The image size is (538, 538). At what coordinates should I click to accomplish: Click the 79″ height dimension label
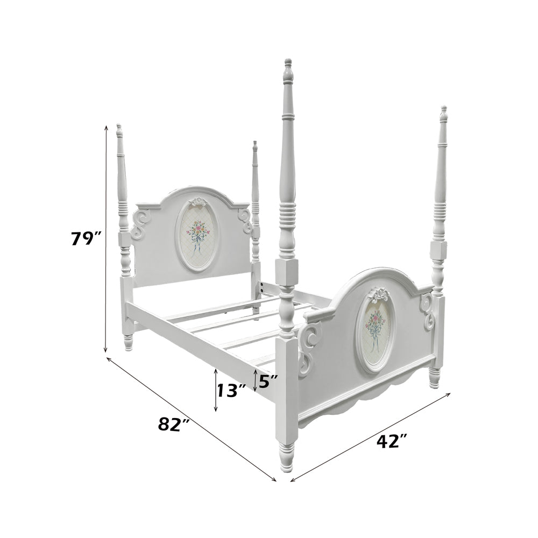tap(87, 238)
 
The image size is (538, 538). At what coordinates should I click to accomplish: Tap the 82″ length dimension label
tap(174, 424)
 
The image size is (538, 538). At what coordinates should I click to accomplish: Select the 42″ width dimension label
tap(392, 441)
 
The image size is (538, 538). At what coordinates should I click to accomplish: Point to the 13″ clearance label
tap(231, 390)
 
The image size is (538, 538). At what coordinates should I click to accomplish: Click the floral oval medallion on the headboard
tap(197, 235)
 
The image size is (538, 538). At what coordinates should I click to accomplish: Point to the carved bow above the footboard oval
tap(378, 294)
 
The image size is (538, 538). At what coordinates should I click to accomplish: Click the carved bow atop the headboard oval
tap(198, 201)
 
